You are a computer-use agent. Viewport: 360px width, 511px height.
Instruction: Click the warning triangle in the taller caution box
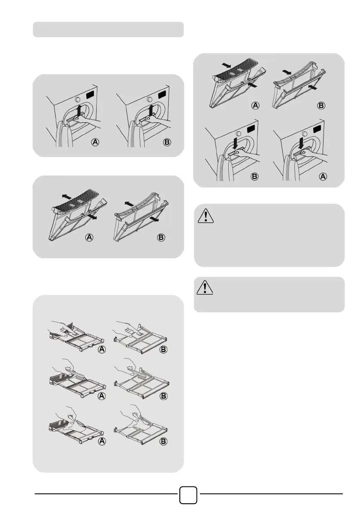pyautogui.click(x=206, y=216)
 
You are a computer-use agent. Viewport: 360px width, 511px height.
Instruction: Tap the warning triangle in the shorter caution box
pyautogui.click(x=205, y=287)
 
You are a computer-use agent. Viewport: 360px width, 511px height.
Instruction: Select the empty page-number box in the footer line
pyautogui.click(x=188, y=495)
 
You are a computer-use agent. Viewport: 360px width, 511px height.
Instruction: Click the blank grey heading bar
pyautogui.click(x=108, y=29)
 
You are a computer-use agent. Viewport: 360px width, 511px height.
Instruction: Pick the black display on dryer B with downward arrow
pyautogui.click(x=252, y=129)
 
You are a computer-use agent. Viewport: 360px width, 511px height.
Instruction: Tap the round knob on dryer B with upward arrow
pyautogui.click(x=150, y=100)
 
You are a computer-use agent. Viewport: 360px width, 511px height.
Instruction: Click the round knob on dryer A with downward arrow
pyautogui.click(x=304, y=133)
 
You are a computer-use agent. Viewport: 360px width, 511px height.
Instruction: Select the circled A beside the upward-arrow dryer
pyautogui.click(x=95, y=142)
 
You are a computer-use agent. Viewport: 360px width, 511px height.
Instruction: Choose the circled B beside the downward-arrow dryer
pyautogui.click(x=254, y=176)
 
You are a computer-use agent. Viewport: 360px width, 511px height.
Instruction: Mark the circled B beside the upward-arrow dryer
pyautogui.click(x=167, y=142)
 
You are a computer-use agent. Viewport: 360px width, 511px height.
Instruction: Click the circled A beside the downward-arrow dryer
pyautogui.click(x=323, y=176)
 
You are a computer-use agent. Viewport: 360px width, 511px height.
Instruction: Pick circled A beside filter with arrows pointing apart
pyautogui.click(x=89, y=237)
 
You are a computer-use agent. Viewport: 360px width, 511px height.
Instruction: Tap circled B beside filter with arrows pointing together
pyautogui.click(x=321, y=106)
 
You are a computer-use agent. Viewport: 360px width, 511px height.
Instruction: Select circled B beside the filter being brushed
pyautogui.click(x=163, y=396)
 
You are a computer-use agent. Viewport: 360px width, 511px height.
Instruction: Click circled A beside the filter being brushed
pyautogui.click(x=102, y=396)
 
